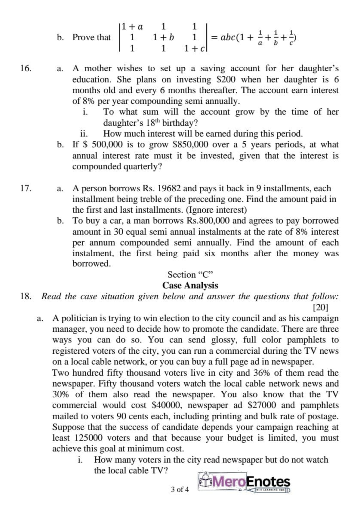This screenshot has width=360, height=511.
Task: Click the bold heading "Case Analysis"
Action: (190, 286)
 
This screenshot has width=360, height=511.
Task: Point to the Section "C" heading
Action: (190, 275)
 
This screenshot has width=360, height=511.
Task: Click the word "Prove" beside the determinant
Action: (83, 37)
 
